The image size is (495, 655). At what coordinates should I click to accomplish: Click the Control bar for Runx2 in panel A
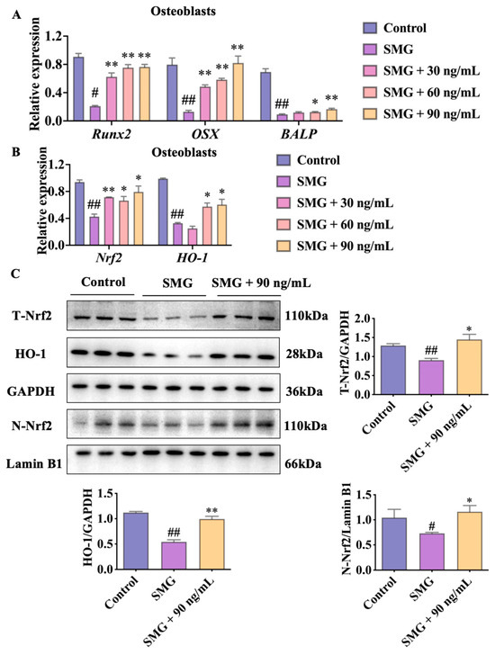(x=78, y=89)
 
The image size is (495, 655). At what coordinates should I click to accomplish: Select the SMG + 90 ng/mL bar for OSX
(x=238, y=93)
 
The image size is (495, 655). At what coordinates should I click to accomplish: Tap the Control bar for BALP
(x=265, y=96)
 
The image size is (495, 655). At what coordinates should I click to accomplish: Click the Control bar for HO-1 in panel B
(x=163, y=211)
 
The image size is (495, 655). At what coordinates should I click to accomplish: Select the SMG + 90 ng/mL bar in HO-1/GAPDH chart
(x=211, y=543)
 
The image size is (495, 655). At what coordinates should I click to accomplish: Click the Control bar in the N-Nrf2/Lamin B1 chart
(x=394, y=543)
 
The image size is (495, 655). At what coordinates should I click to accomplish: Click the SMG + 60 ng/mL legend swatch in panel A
(x=370, y=92)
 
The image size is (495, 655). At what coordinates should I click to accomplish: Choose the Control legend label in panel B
(x=319, y=160)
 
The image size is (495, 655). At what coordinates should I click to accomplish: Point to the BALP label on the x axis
(x=299, y=134)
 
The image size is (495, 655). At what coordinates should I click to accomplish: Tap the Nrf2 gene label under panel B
(x=108, y=257)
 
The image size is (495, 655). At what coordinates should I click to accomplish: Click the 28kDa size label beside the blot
(x=303, y=354)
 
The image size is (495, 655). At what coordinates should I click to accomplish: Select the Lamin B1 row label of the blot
(x=33, y=463)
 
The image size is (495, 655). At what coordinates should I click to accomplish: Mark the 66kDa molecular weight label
(x=303, y=463)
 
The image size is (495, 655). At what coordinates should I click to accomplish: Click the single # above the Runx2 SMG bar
(x=95, y=93)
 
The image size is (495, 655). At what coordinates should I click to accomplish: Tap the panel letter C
(x=15, y=274)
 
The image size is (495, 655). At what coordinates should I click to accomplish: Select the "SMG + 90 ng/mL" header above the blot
(x=261, y=283)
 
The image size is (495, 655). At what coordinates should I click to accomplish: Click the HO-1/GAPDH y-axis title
(x=88, y=527)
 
